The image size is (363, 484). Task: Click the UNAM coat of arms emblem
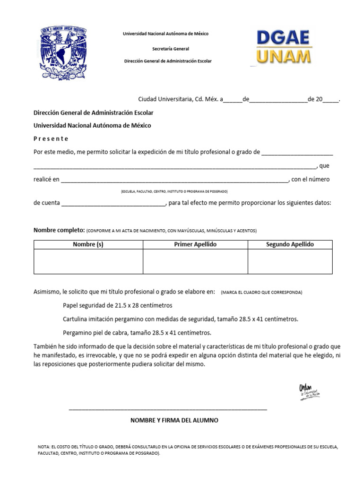point(63,52)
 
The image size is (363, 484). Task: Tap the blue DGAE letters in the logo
point(283,38)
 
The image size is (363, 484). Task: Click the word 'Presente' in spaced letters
point(51,139)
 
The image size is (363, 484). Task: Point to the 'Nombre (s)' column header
point(88,244)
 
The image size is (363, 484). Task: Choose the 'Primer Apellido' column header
point(195,244)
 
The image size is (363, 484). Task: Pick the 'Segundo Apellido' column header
point(290,244)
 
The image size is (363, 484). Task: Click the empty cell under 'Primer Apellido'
point(195,261)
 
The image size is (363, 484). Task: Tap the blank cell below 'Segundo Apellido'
point(290,261)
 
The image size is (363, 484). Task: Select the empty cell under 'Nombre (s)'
point(88,261)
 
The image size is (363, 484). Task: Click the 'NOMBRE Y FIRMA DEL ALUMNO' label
point(174,420)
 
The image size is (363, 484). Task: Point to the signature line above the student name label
point(168,409)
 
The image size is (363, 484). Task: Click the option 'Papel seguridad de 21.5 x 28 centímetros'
point(118,305)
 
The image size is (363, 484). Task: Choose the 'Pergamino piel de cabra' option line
point(137,333)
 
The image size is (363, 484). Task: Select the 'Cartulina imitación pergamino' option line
point(181,319)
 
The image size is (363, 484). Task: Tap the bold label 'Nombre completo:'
point(59,230)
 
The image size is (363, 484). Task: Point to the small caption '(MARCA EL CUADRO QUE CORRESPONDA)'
point(261,293)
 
